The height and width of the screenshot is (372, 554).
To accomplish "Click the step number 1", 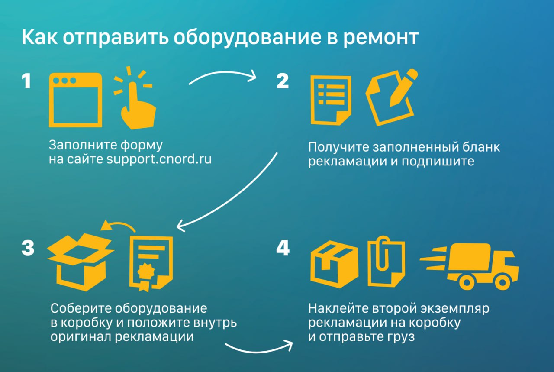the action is coord(26,81).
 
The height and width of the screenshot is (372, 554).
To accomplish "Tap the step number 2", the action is coord(283,81).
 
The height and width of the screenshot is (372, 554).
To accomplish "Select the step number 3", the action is coord(28,248).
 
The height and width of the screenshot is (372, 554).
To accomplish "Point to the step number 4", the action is coord(283,248).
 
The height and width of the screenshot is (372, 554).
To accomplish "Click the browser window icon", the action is coord(76,100).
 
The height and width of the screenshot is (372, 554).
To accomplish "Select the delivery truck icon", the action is coord(476,264).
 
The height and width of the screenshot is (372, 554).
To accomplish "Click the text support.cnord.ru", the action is coord(159,159).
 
